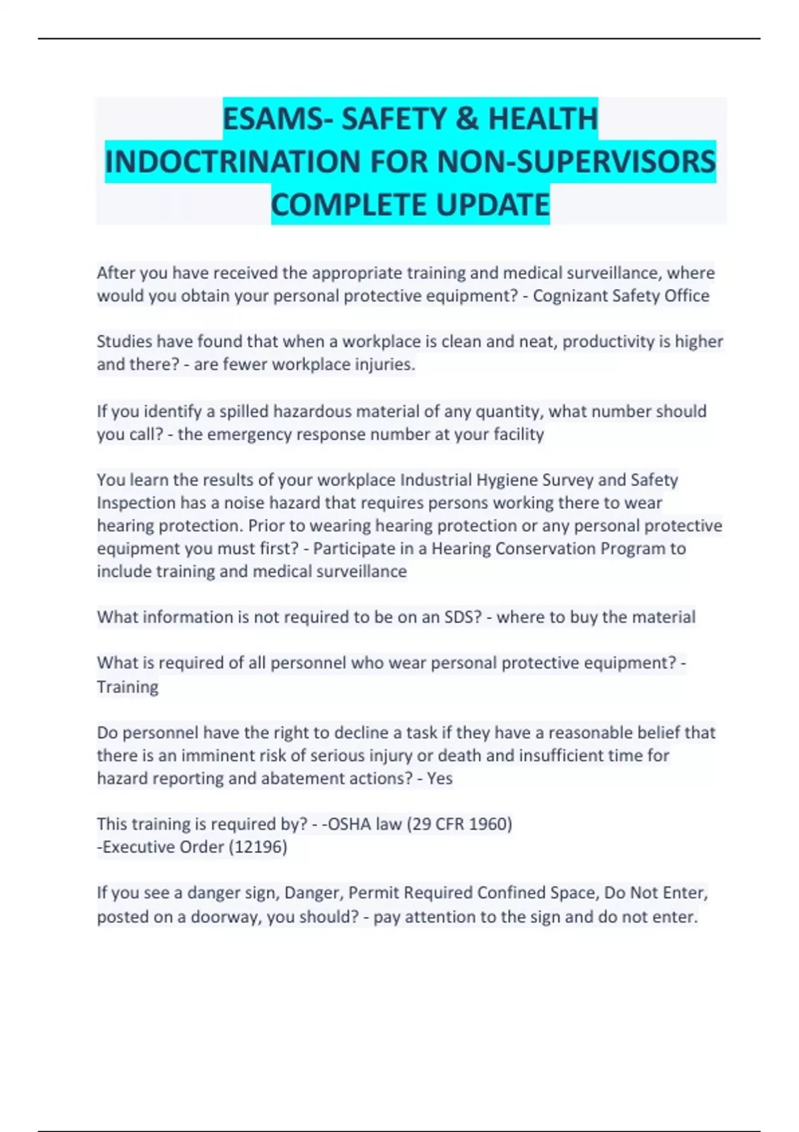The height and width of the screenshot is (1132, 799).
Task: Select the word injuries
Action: pos(386,365)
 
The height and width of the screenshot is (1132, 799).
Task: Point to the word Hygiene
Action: pos(511,480)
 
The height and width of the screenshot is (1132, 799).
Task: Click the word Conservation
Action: pos(545,549)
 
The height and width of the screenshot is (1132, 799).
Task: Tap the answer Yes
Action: pos(439,778)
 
